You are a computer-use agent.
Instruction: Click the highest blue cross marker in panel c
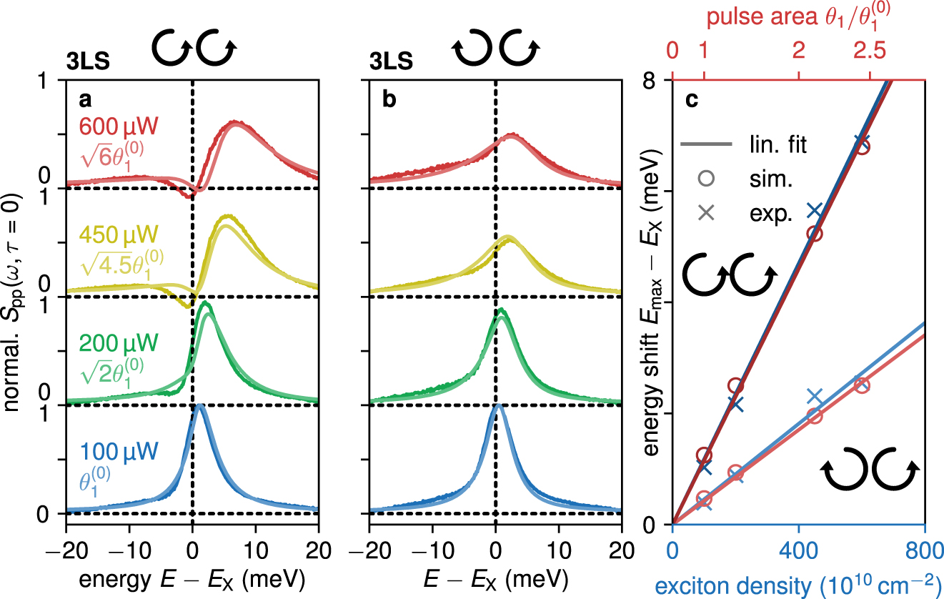[x=862, y=141]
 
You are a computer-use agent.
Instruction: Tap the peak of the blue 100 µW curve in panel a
[x=199, y=406]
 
